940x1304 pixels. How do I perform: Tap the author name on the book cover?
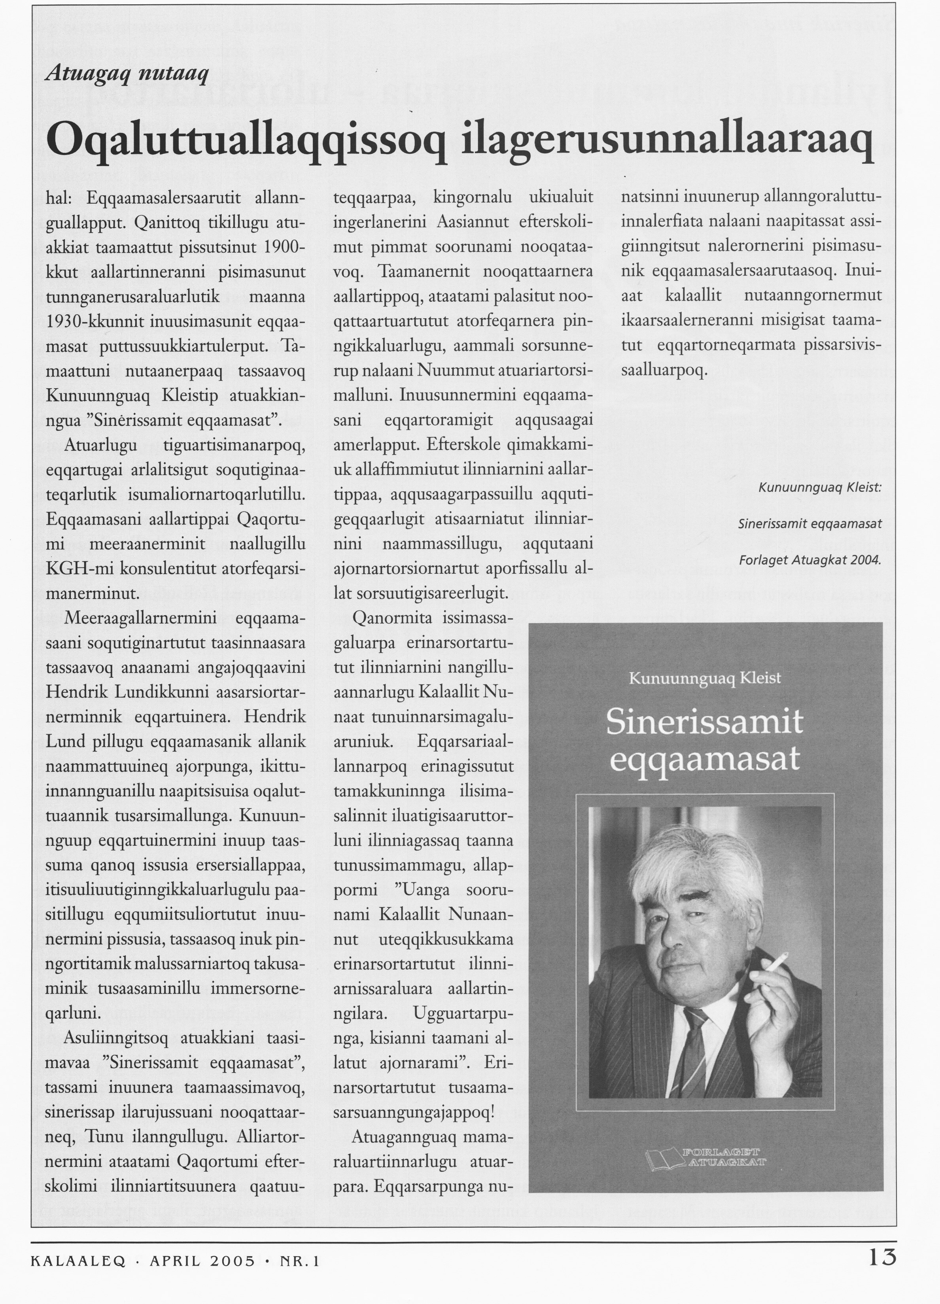[x=705, y=679]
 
